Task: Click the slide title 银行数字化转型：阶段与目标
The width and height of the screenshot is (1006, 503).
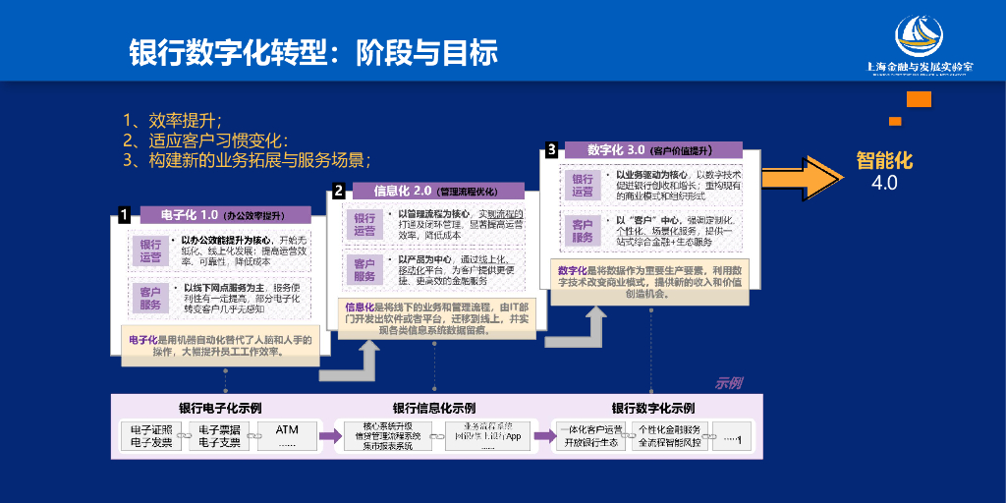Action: coord(313,52)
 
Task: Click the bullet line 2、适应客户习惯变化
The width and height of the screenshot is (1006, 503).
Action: coord(210,140)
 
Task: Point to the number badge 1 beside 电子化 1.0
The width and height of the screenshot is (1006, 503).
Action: coord(125,213)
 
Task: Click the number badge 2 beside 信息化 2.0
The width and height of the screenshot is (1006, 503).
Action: coord(338,190)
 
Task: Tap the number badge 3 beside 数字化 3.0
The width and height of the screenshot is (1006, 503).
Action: coord(552,149)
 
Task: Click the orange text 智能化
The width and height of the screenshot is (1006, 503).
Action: coord(884,159)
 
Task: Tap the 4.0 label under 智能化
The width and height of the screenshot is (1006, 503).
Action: coord(884,183)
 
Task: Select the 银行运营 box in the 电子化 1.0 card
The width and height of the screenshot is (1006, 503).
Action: coord(150,251)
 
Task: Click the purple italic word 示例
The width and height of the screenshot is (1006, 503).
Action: coord(728,383)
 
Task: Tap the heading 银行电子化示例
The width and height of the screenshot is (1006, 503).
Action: coord(220,408)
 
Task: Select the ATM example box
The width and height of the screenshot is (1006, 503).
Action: coord(287,435)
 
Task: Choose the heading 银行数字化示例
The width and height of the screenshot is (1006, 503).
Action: coord(652,408)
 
